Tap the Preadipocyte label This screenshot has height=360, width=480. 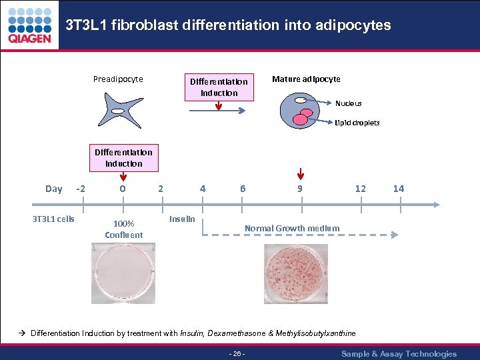tap(118, 79)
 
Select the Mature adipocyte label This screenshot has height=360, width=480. tap(306, 79)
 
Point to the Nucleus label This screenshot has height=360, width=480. tap(348, 103)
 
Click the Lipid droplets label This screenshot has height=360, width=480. tap(357, 123)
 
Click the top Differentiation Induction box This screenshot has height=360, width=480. tap(219, 87)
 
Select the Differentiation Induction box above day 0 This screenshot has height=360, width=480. tap(123, 158)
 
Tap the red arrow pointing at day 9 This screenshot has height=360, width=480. tap(301, 175)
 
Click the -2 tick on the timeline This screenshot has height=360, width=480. tap(81, 189)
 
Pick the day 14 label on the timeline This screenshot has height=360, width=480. tap(398, 189)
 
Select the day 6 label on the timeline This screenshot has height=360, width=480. tap(243, 189)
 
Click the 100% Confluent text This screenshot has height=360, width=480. tap(123, 229)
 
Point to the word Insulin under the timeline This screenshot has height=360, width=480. tap(182, 219)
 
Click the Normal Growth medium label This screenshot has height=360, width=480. tap(291, 228)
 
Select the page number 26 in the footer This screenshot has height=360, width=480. tap(237, 353)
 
